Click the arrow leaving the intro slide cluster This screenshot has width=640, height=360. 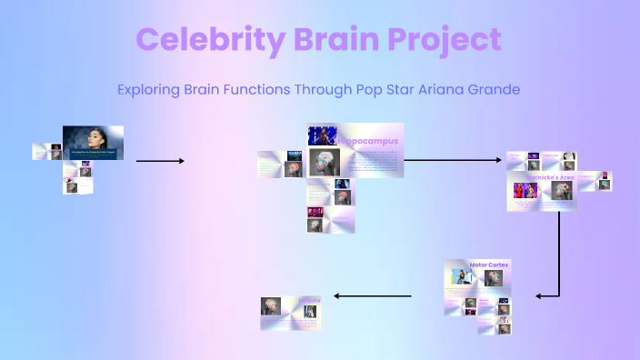160,161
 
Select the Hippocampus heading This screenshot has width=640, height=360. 368,142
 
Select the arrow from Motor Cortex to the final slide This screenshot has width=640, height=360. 373,295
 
